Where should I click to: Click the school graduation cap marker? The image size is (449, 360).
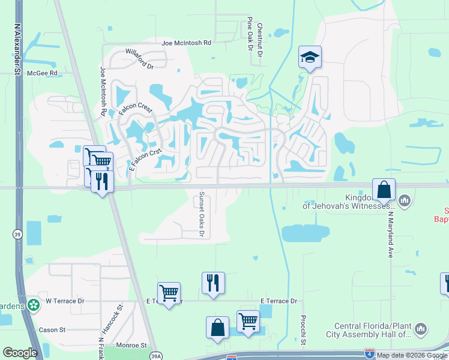pos(310,58)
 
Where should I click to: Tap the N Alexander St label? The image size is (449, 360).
pos(18,50)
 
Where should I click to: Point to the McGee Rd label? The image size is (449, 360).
pos(45,73)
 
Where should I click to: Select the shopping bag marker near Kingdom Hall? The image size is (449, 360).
pos(384,190)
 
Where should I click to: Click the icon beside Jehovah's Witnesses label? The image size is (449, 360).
pos(404,200)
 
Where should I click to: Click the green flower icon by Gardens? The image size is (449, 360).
pos(34,305)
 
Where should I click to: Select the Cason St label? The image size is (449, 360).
pos(52,330)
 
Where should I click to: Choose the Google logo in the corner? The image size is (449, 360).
pos(20,352)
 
